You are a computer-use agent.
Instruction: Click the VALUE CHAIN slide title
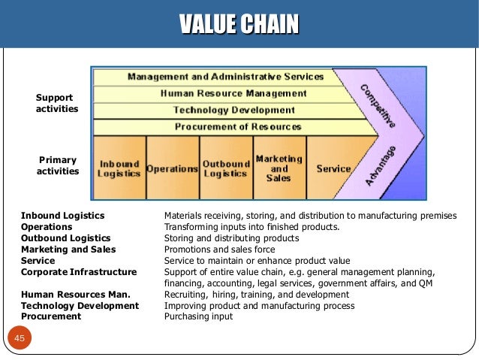(x=239, y=24)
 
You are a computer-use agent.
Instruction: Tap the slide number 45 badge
(x=20, y=339)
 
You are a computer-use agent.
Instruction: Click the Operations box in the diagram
(x=173, y=168)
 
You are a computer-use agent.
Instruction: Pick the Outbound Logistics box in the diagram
(x=226, y=168)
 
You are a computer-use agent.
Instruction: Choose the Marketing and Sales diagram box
(x=279, y=168)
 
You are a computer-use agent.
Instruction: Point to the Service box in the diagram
(x=333, y=168)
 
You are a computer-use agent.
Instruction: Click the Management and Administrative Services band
(x=225, y=77)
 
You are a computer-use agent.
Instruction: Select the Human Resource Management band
(x=233, y=93)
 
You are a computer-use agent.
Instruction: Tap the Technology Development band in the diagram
(x=233, y=110)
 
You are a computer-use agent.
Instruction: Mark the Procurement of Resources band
(x=238, y=126)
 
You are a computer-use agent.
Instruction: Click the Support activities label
(x=56, y=104)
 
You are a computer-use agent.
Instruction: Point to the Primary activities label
(x=58, y=165)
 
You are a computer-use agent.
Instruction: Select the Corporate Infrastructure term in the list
(x=79, y=271)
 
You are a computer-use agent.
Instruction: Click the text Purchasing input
(x=198, y=316)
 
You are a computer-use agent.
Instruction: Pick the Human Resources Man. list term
(x=76, y=294)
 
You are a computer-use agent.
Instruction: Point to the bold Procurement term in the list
(x=51, y=316)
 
